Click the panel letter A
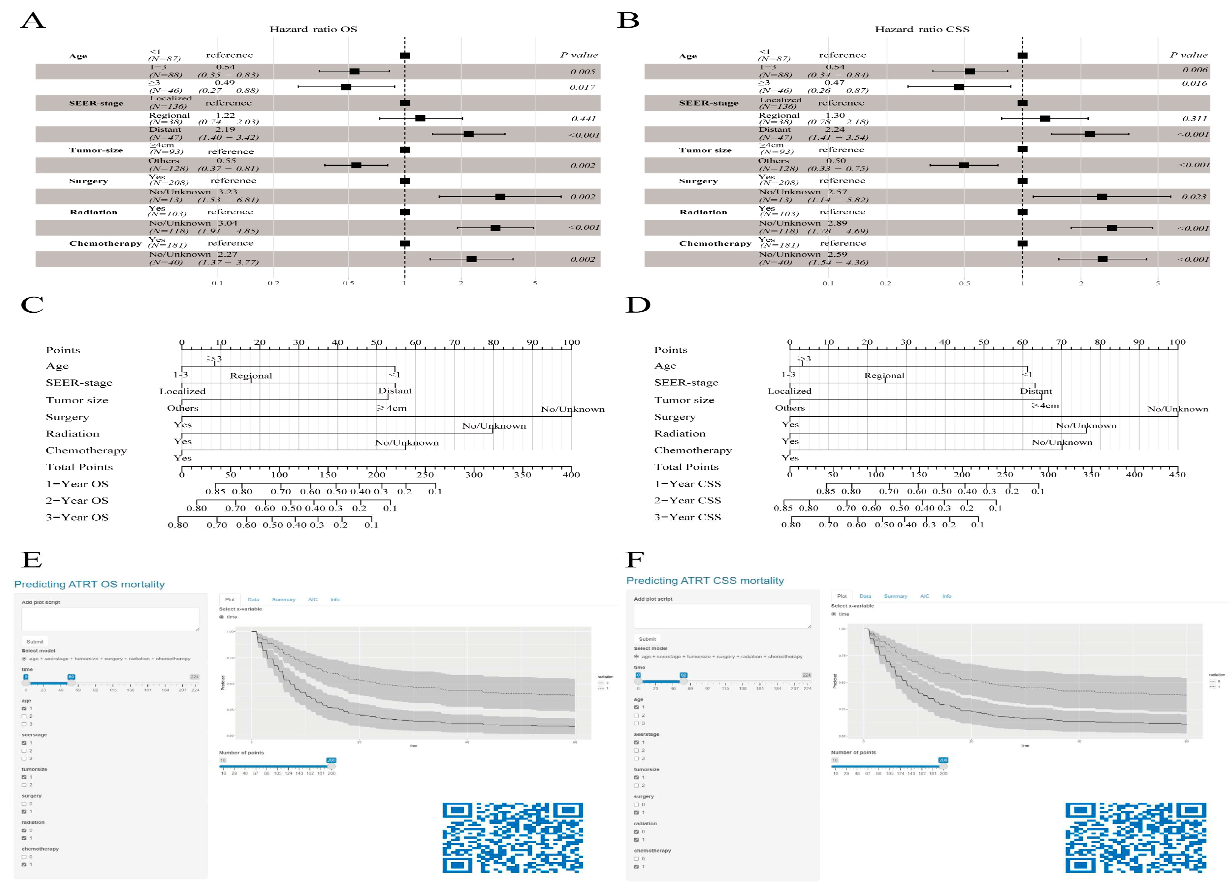click(32, 21)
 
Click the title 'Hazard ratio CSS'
click(922, 29)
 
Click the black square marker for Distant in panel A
click(468, 134)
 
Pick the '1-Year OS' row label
click(77, 484)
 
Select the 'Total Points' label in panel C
click(79, 467)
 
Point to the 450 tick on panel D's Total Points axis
click(1177, 474)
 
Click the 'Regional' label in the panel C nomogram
click(251, 376)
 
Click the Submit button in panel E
click(35, 641)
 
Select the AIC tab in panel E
click(312, 600)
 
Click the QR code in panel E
click(512, 838)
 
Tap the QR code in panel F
click(1135, 838)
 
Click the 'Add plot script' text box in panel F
click(722, 616)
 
